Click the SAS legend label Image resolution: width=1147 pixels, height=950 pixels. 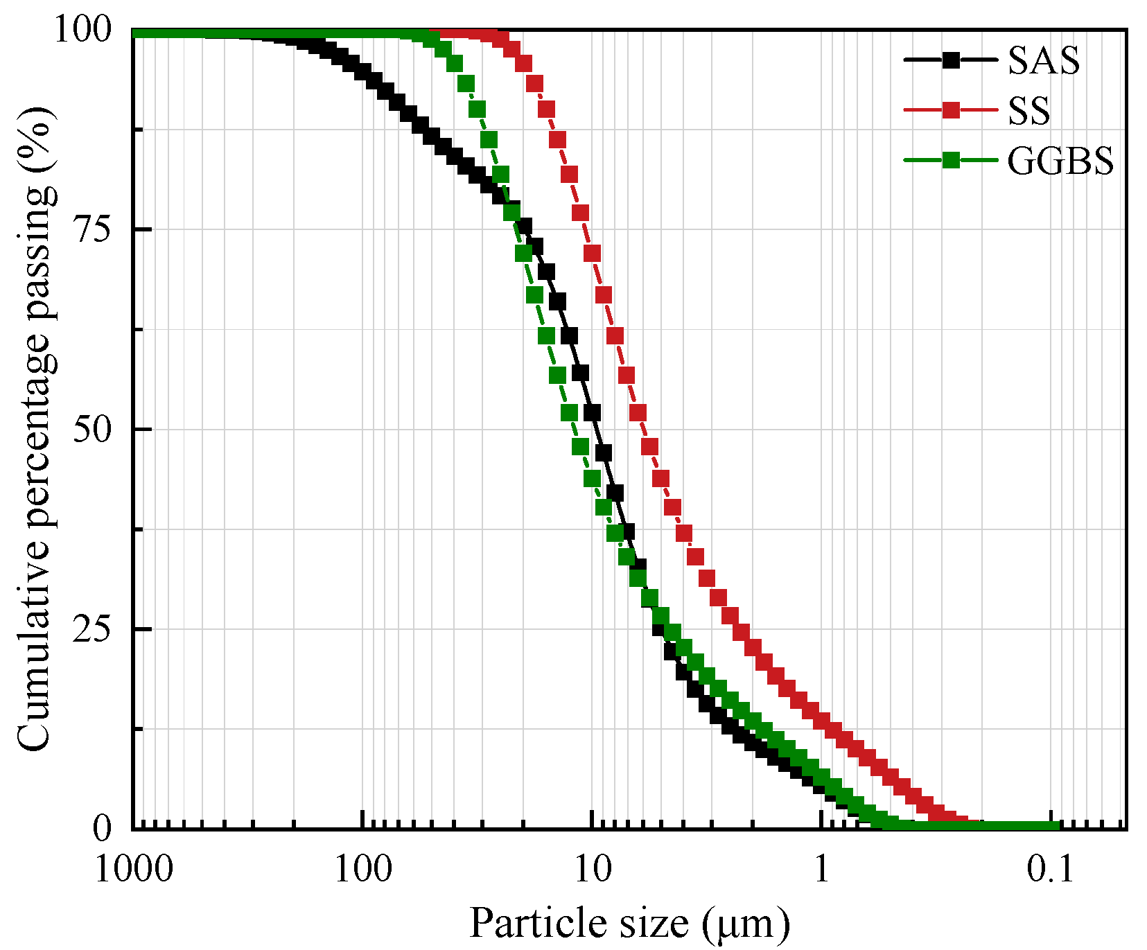point(1043,61)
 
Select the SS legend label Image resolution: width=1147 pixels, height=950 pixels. point(1028,111)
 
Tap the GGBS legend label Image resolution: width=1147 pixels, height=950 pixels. point(1060,161)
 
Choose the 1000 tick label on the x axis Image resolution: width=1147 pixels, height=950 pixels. point(134,868)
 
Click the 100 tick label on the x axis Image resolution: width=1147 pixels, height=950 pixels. point(363,868)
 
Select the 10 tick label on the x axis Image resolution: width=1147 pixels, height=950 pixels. point(593,868)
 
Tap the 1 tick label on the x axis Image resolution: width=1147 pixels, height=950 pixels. point(822,868)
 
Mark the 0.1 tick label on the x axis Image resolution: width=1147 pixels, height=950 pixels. point(1051,868)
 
